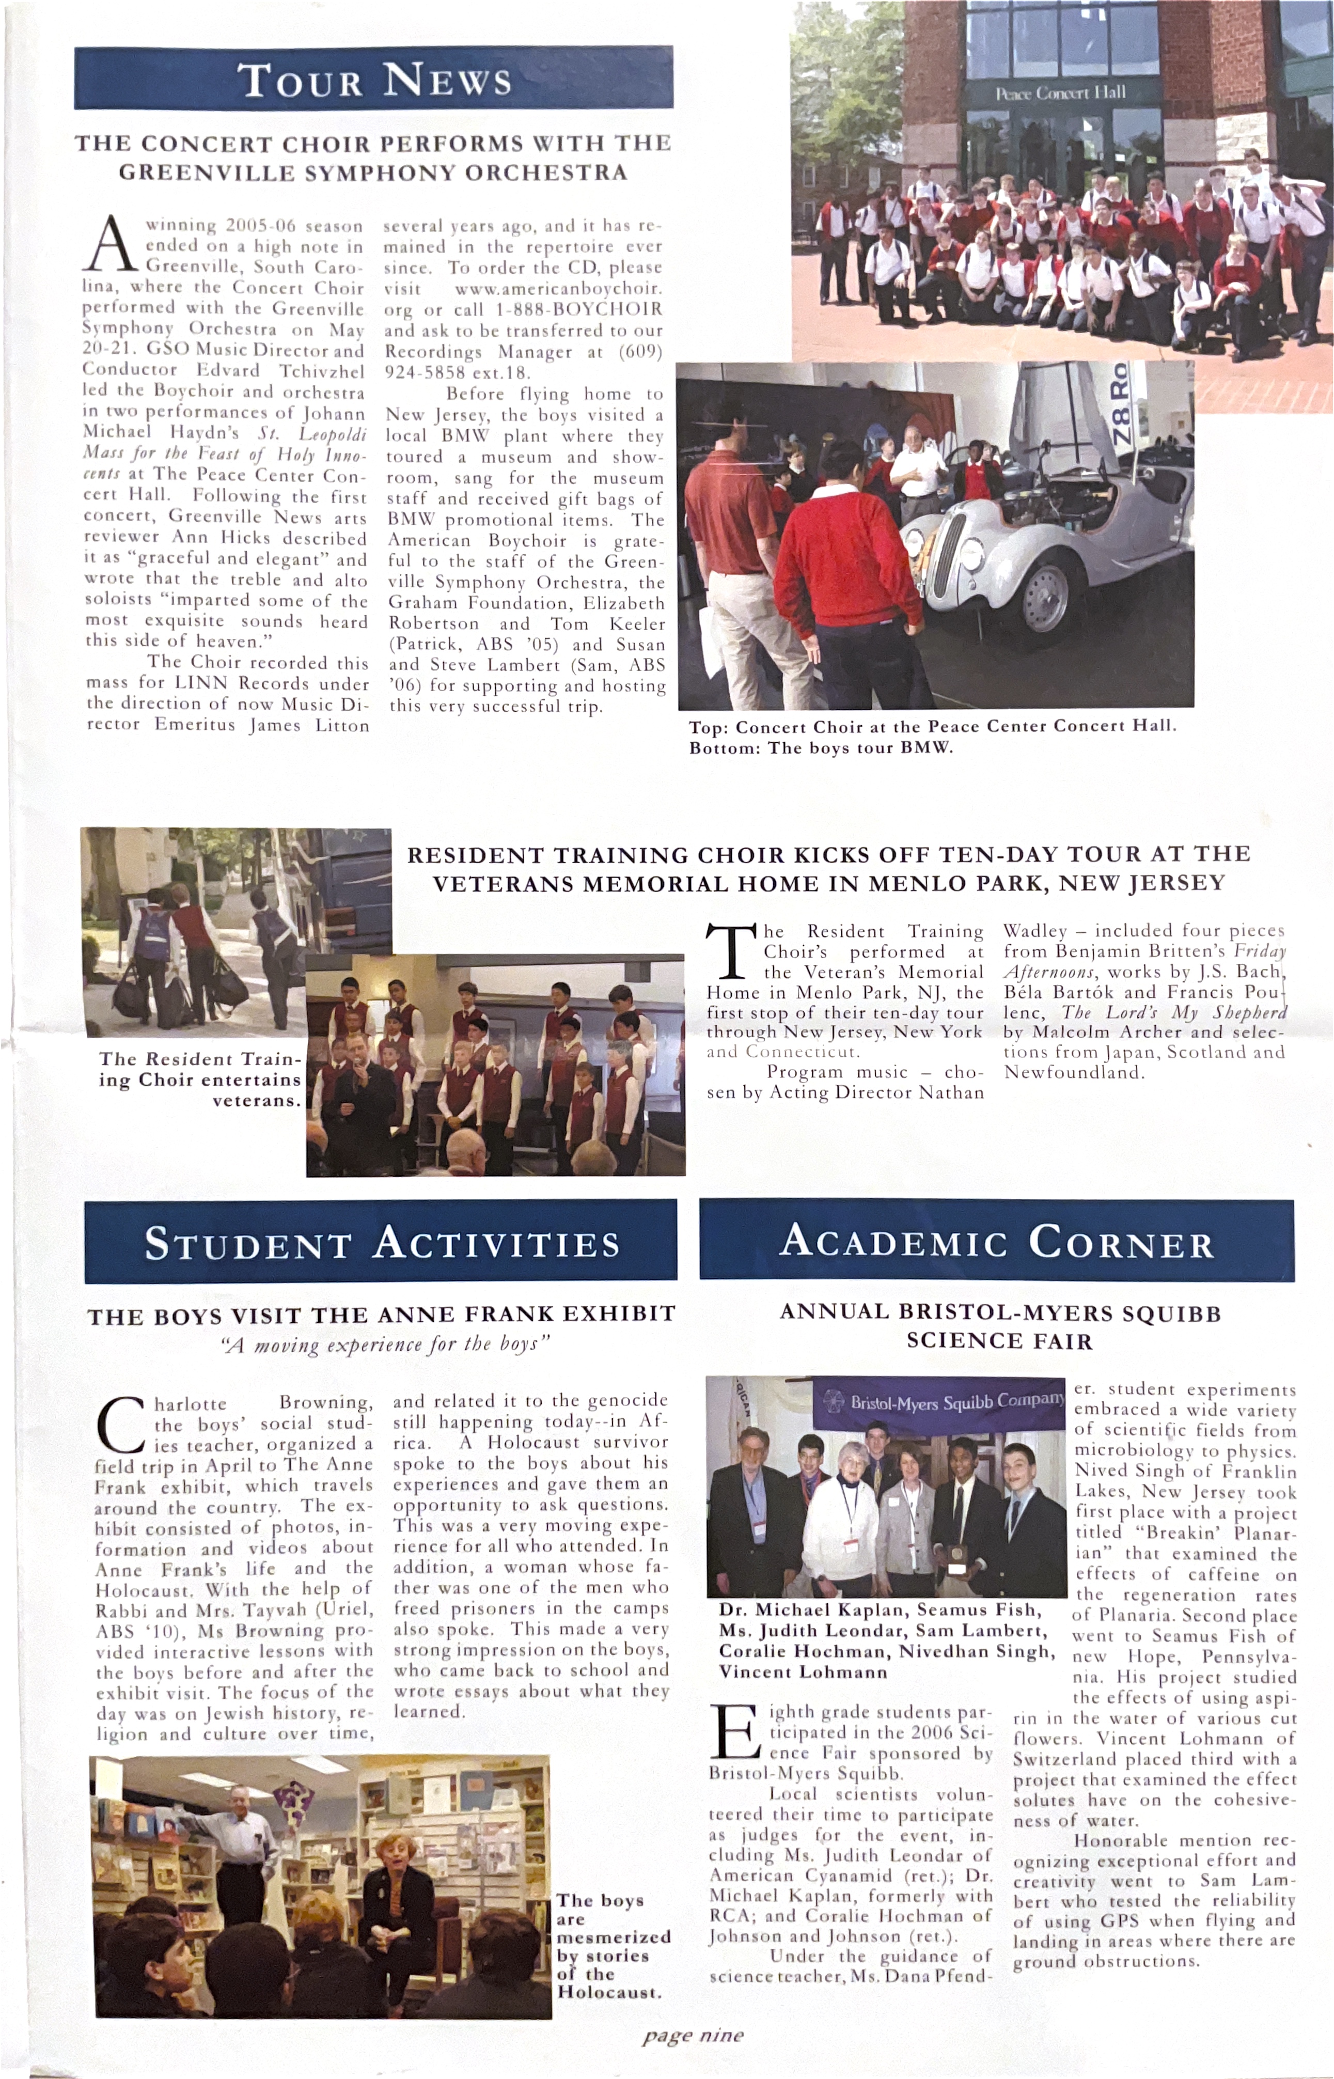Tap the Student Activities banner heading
coord(381,1243)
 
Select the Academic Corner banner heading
coord(996,1241)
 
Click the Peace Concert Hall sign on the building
coord(1060,92)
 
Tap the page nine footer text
coord(692,2035)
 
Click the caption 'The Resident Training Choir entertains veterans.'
coord(201,1080)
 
